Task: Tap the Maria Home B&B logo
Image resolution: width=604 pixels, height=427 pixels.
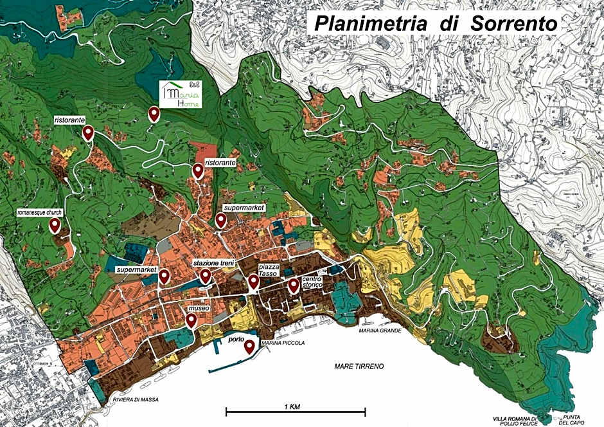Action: coord(181,95)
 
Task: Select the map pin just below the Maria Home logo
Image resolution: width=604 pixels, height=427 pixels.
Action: coord(154,114)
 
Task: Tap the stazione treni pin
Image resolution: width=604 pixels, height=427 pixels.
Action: coord(206,276)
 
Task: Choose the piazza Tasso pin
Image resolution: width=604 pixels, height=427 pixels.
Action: coord(253,283)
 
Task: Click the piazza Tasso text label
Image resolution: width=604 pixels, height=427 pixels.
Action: coord(268,269)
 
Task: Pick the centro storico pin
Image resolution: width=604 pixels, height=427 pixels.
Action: coord(294,286)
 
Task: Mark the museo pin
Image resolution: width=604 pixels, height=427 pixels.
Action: coord(191,320)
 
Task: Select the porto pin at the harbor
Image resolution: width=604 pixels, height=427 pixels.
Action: coord(249,347)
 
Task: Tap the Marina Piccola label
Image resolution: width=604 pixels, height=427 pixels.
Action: coord(283,343)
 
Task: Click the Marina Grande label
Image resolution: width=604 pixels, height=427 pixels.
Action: coord(380,331)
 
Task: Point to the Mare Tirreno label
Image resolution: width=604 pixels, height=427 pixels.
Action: coord(359,366)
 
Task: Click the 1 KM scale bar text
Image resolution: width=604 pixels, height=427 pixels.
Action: coord(295,406)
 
